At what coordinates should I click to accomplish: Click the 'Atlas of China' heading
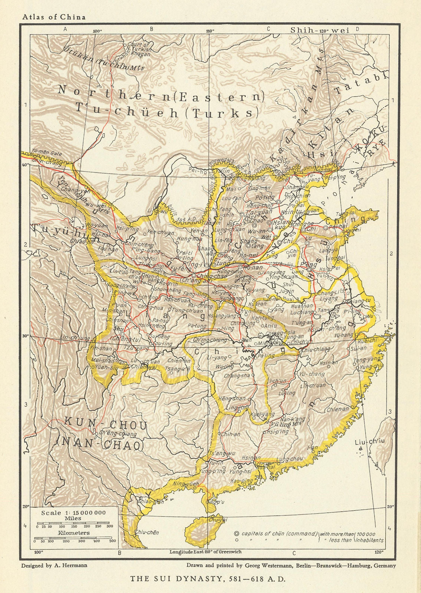(x=54, y=17)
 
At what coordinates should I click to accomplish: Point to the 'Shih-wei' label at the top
(x=319, y=30)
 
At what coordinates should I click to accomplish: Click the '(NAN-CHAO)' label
(x=100, y=444)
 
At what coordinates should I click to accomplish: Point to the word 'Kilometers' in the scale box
(x=73, y=533)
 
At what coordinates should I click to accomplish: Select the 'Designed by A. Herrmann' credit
(x=54, y=566)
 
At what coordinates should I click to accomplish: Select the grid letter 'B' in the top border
(x=151, y=29)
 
